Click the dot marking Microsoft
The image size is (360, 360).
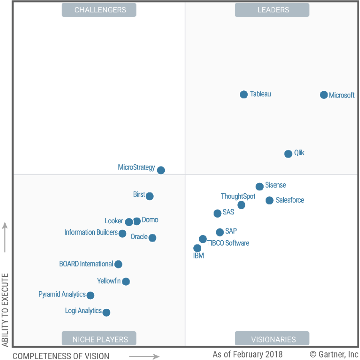click(324, 95)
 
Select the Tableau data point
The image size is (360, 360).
click(244, 94)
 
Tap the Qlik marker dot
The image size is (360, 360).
click(288, 154)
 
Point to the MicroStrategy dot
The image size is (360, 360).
click(161, 170)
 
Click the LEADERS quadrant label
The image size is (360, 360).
click(272, 10)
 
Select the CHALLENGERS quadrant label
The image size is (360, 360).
click(99, 10)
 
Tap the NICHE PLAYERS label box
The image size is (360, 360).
click(99, 339)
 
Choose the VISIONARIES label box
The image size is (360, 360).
click(272, 339)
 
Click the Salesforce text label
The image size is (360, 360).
click(290, 200)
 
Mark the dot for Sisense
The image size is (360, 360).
click(259, 186)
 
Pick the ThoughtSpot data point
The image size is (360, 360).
click(241, 205)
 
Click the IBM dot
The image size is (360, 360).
click(197, 248)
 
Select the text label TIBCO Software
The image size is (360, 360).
click(228, 243)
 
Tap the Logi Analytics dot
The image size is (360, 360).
click(106, 312)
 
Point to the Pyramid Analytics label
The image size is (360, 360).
click(62, 294)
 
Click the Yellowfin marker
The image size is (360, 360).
click(126, 281)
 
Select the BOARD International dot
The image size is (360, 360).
click(118, 264)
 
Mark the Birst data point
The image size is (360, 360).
click(149, 196)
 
